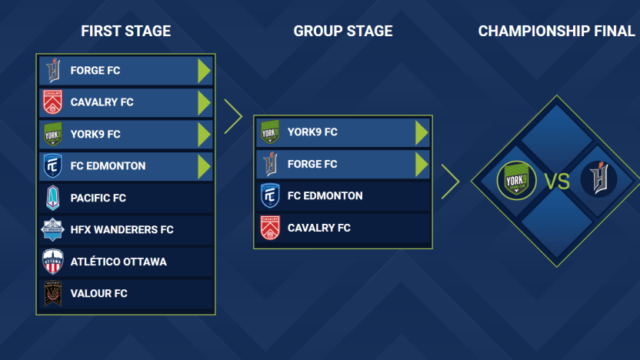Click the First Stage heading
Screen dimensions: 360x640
[x=125, y=32]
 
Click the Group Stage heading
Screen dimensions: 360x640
[x=342, y=32]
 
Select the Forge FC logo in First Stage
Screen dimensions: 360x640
[x=53, y=71]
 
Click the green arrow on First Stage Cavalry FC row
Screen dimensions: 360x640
[x=203, y=102]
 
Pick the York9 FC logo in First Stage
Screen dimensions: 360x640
[x=53, y=135]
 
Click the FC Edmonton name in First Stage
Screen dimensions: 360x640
[x=108, y=166]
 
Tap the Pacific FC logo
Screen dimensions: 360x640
[x=53, y=198]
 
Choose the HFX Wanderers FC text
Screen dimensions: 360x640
[x=122, y=230]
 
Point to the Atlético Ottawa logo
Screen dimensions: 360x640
[x=53, y=262]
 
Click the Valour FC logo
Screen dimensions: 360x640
[x=53, y=294]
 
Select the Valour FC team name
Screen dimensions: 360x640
[x=98, y=294]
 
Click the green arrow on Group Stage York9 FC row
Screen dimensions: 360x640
[x=421, y=132]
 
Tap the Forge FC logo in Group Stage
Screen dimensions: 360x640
[x=270, y=164]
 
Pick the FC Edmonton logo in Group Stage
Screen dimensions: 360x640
[x=270, y=196]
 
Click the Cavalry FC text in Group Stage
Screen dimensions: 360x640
[x=318, y=228]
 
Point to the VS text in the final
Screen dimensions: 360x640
[x=557, y=182]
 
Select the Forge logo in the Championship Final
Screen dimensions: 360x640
[x=598, y=180]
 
